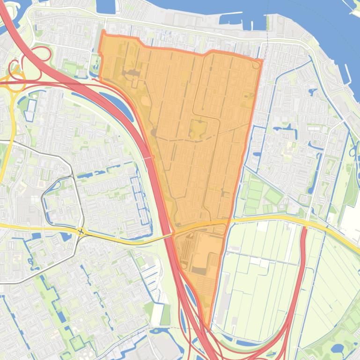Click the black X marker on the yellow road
81,231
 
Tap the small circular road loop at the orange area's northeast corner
257,65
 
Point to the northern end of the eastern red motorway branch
305,229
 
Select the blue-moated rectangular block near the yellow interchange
31,109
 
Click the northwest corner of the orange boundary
103,31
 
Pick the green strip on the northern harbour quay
270,23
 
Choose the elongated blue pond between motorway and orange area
114,105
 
